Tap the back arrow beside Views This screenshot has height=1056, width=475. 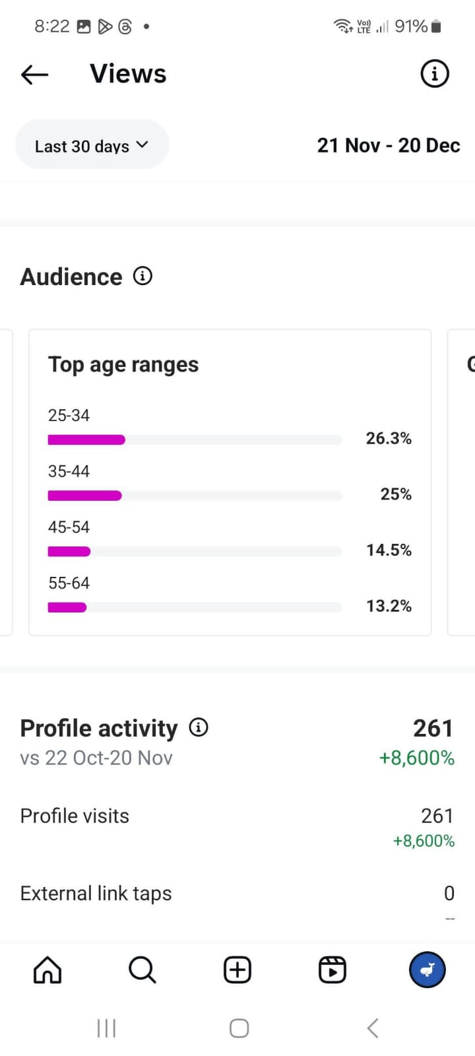click(x=35, y=75)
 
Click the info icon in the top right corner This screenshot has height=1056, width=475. click(x=435, y=74)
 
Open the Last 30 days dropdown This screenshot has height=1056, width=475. click(x=92, y=145)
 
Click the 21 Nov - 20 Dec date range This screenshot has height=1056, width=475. click(x=388, y=145)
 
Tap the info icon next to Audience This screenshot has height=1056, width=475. click(x=142, y=276)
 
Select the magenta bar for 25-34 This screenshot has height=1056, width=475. click(x=86, y=440)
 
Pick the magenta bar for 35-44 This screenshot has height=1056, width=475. click(x=84, y=496)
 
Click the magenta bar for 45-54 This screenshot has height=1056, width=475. click(x=69, y=552)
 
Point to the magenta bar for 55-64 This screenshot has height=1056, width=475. click(x=67, y=607)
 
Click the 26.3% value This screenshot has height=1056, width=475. click(x=389, y=438)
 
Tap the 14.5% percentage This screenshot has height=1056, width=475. click(x=389, y=550)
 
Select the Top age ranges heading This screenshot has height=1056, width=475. click(x=123, y=364)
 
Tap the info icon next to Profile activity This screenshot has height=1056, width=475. click(x=199, y=727)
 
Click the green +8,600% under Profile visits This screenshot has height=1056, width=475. click(x=424, y=841)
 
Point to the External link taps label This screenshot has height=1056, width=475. click(x=96, y=893)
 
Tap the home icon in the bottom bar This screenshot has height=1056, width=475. click(x=47, y=970)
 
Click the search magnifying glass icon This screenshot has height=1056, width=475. click(x=142, y=970)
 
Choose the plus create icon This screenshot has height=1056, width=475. click(x=237, y=970)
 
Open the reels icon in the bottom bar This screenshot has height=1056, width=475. click(x=332, y=970)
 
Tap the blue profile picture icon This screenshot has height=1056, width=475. click(x=427, y=970)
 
